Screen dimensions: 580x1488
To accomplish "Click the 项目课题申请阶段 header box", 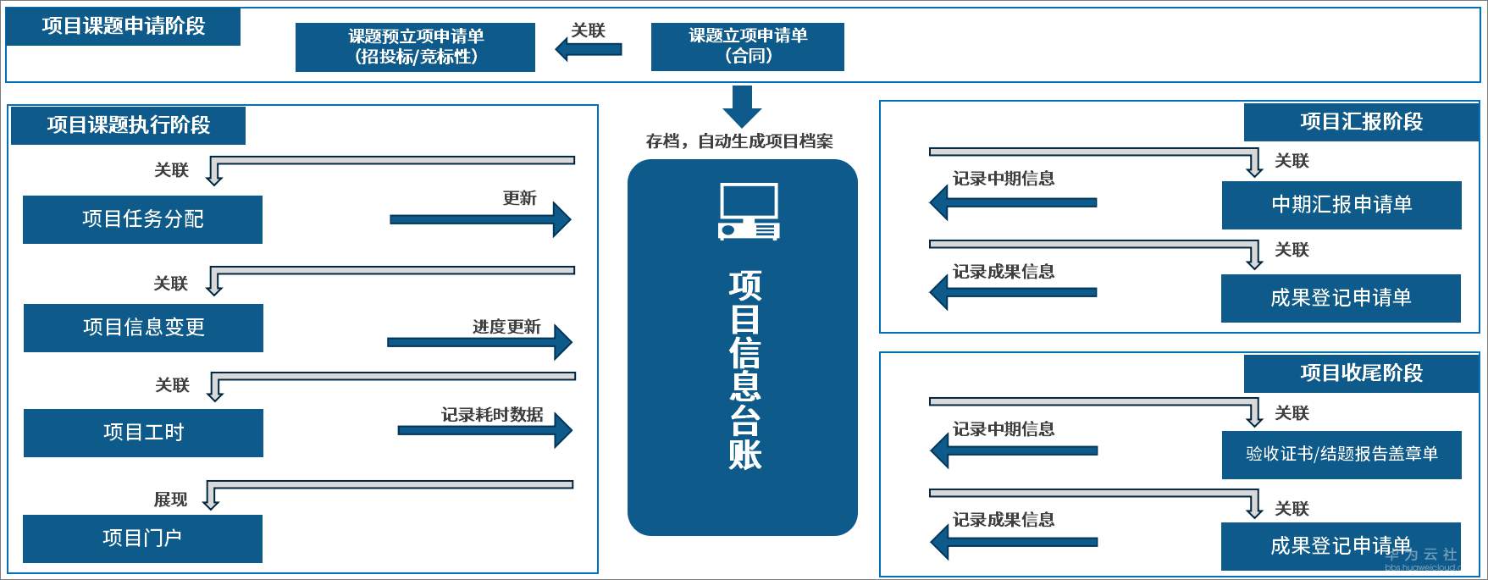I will (x=124, y=26).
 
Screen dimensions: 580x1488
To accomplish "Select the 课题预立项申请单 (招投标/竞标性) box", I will (x=415, y=47).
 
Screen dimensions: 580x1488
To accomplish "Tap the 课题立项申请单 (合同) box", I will (x=747, y=46).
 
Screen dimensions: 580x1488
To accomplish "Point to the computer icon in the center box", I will (x=749, y=213).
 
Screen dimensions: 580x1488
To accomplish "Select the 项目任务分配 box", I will (x=142, y=219).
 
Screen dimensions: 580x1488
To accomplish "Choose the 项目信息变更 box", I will (x=143, y=328).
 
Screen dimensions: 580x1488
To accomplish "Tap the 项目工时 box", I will (x=143, y=433).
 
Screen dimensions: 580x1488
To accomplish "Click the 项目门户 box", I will (x=142, y=539).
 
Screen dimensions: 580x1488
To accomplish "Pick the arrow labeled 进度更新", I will (x=479, y=342).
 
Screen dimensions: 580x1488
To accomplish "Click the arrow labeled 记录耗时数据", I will (x=484, y=431).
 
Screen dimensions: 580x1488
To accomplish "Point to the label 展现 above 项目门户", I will (x=170, y=500).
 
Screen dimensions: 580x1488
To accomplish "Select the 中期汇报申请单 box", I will (x=1341, y=205).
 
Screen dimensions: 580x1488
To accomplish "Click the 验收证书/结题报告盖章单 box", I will (x=1341, y=455).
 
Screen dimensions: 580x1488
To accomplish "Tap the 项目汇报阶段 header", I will (x=1361, y=122).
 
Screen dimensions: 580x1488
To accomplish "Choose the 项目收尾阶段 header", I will (x=1361, y=373).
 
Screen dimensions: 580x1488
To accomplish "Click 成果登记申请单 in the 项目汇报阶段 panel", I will (x=1341, y=298).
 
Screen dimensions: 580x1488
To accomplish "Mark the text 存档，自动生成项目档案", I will (x=739, y=141).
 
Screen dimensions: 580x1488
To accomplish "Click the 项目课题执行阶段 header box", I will (x=129, y=125).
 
